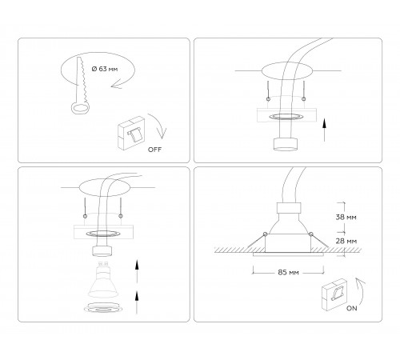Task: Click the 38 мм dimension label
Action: pyautogui.click(x=347, y=216)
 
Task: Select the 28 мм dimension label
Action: pyautogui.click(x=347, y=240)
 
